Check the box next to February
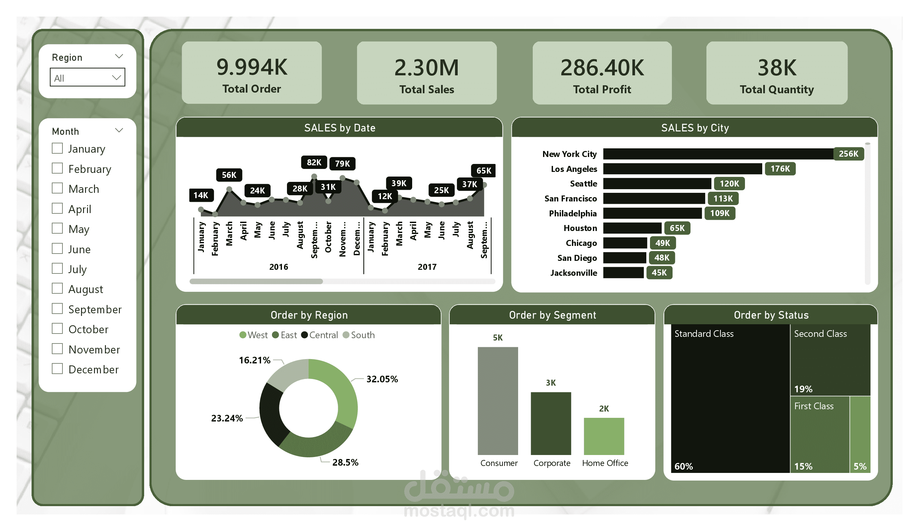pos(57,168)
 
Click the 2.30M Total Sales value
pos(426,67)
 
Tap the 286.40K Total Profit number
pos(602,67)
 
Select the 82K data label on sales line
pos(314,162)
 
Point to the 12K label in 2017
pos(384,196)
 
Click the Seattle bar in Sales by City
pos(656,183)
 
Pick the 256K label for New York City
pos(848,154)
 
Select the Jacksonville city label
pos(573,272)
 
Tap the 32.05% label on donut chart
pos(382,379)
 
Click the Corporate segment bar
pos(551,423)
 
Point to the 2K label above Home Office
pos(603,409)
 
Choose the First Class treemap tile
pos(819,434)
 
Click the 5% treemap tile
pos(860,434)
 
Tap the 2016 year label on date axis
pos(278,267)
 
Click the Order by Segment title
pos(552,315)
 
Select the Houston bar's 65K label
pos(677,228)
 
